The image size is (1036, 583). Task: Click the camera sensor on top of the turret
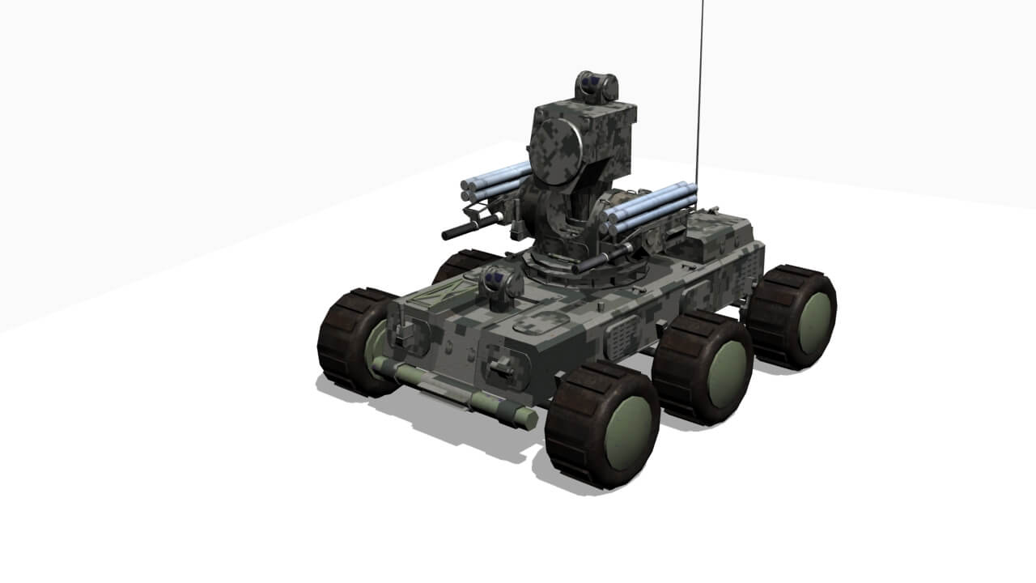[597, 86]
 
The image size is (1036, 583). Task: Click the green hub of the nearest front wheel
[628, 433]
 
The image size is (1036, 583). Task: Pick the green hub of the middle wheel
[727, 374]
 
